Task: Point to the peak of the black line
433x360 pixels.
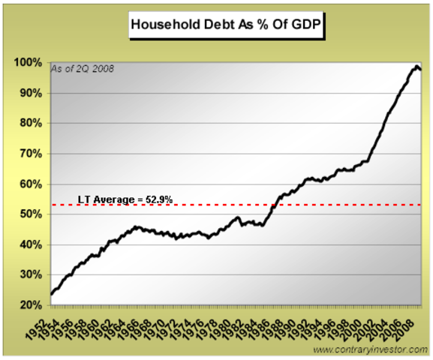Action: point(416,66)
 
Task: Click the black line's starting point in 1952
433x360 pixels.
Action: point(52,294)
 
